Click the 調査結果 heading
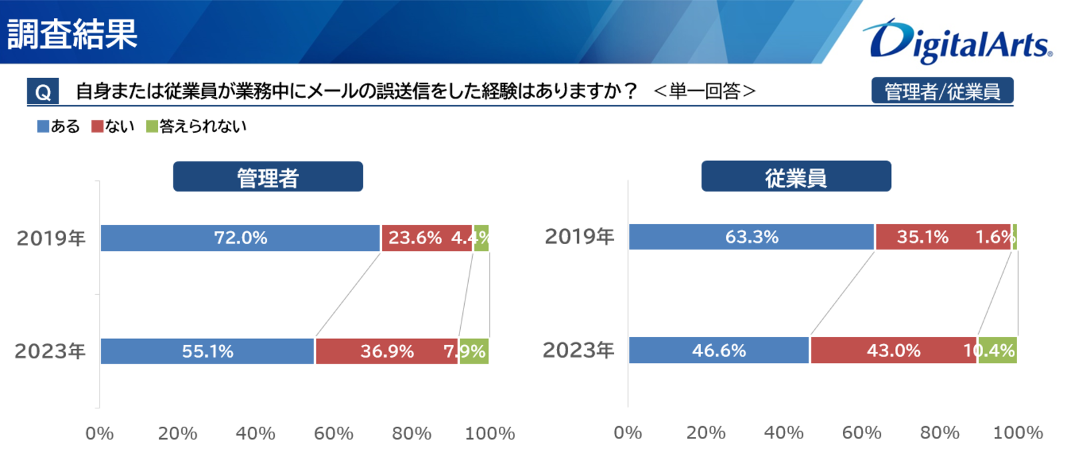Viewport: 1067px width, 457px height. (x=72, y=33)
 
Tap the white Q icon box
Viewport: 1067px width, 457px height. (x=43, y=91)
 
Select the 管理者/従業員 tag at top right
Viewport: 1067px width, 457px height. (x=942, y=91)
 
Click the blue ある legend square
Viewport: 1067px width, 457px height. (x=43, y=126)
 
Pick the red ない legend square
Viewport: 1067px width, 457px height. (x=97, y=126)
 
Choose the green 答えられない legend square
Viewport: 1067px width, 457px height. (x=152, y=126)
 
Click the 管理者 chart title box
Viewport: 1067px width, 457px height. (x=267, y=177)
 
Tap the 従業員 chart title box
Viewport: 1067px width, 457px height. (x=796, y=176)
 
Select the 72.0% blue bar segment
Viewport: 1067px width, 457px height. (x=240, y=238)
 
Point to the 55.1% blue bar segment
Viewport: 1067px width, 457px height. (x=207, y=352)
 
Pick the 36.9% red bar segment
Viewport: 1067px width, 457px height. (x=387, y=352)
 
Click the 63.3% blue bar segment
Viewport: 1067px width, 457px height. (x=751, y=237)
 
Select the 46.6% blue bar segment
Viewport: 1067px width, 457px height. (x=718, y=350)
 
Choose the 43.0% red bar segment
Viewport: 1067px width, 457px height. (x=893, y=350)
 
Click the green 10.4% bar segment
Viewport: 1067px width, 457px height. (x=998, y=350)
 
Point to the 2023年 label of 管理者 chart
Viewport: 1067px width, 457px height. (x=51, y=352)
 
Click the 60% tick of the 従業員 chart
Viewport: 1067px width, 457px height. (x=862, y=433)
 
